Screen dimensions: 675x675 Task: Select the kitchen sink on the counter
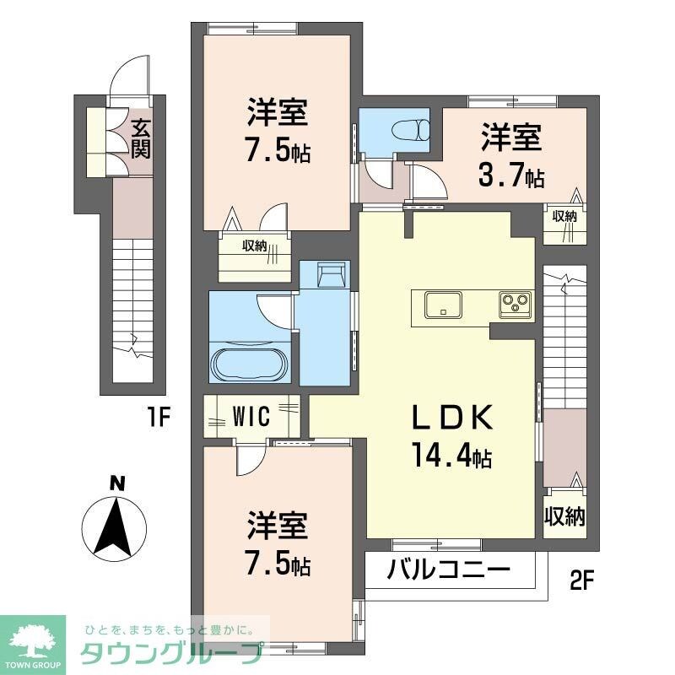click(x=443, y=304)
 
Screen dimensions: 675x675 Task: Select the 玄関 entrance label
click(x=140, y=140)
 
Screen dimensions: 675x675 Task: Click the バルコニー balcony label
click(x=449, y=569)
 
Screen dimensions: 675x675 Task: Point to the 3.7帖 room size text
click(x=512, y=176)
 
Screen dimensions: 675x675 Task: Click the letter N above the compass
click(x=118, y=483)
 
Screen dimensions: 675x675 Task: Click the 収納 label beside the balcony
click(x=564, y=516)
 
